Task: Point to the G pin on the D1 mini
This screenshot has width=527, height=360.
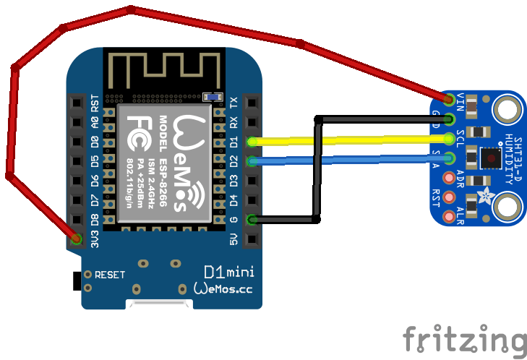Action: coord(251,219)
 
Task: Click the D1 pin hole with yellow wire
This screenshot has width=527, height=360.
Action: coord(251,142)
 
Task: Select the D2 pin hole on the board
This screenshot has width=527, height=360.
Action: coord(251,161)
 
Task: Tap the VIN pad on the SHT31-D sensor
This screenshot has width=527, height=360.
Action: coord(450,98)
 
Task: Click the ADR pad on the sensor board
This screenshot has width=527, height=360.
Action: coord(450,178)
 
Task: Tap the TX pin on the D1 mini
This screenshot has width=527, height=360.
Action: coord(251,103)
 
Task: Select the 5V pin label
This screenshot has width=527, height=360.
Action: coord(233,238)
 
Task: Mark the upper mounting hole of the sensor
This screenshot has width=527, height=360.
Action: coord(507,110)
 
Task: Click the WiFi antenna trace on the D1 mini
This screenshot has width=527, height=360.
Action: coord(159,69)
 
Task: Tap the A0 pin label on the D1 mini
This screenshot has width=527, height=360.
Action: coord(95,122)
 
